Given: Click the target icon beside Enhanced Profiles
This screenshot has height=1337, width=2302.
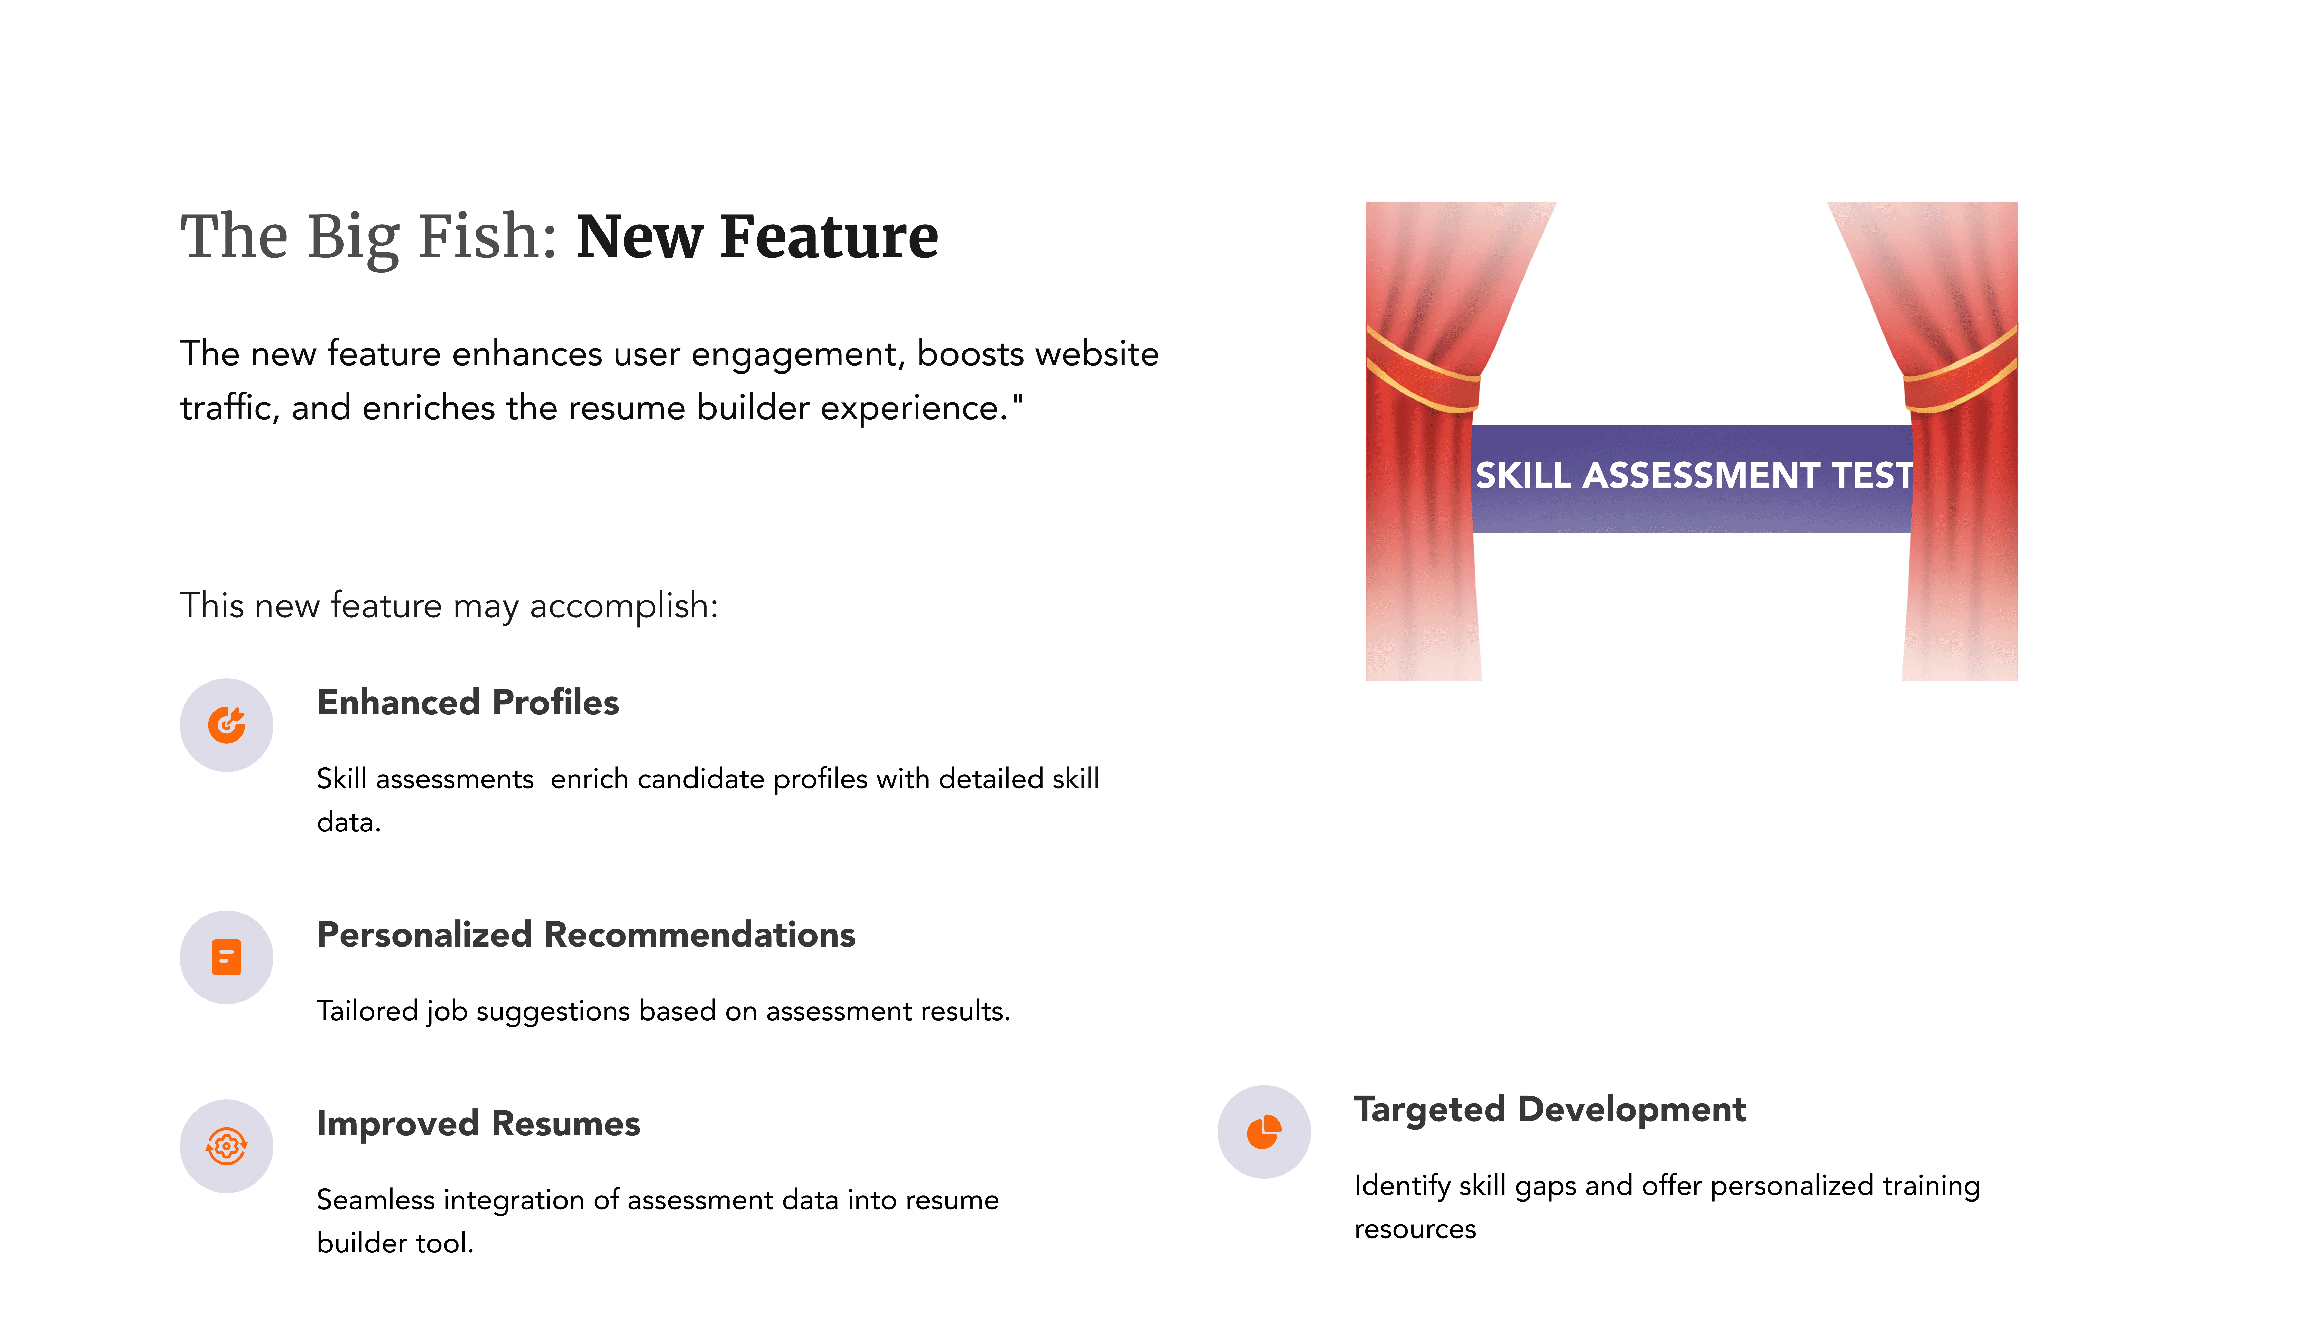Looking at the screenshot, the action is (x=227, y=725).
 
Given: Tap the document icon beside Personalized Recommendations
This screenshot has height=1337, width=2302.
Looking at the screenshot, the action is (x=227, y=957).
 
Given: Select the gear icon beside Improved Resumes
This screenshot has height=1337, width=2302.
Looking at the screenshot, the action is (x=227, y=1146).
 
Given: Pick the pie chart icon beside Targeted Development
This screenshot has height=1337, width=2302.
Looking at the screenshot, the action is (x=1264, y=1131).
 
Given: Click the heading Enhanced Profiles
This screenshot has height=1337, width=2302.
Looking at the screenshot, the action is (x=468, y=702).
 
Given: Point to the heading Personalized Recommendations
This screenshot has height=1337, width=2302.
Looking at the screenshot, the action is (x=586, y=934).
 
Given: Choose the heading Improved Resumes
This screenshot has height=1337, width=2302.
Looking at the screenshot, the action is (x=478, y=1123).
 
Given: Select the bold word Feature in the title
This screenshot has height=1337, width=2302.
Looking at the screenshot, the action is (x=829, y=237).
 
